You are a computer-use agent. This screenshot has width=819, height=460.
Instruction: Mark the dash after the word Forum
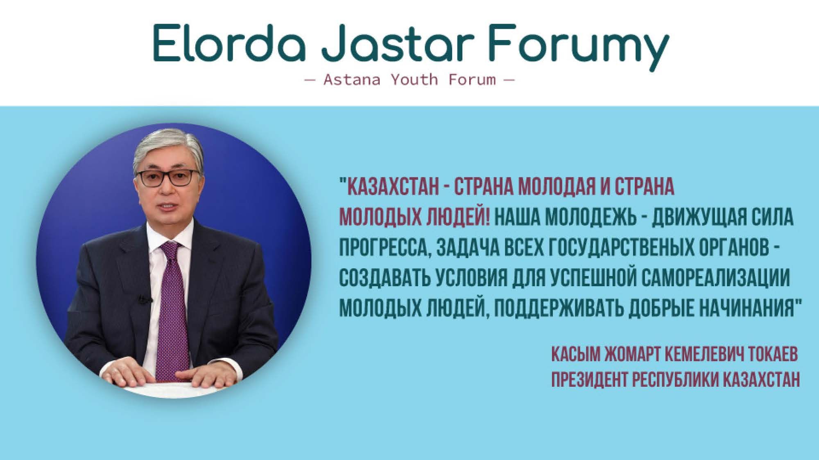(x=508, y=79)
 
